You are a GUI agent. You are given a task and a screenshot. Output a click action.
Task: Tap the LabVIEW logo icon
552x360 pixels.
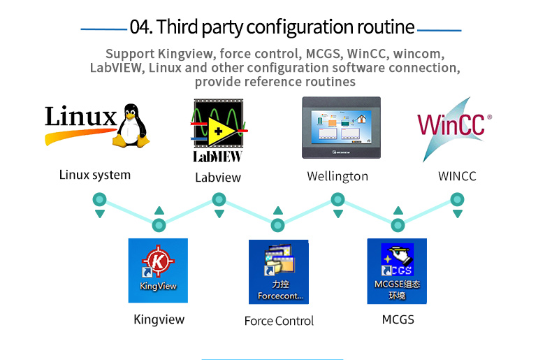click(x=219, y=130)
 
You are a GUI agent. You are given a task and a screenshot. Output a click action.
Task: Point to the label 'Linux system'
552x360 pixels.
click(x=95, y=175)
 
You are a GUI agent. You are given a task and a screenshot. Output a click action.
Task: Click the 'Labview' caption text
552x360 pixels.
click(x=218, y=178)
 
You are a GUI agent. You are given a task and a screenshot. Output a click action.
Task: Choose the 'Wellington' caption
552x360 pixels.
click(x=337, y=176)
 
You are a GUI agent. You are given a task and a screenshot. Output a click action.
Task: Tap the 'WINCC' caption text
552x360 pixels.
click(x=457, y=176)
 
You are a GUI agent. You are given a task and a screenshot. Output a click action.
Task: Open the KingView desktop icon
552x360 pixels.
click(x=158, y=270)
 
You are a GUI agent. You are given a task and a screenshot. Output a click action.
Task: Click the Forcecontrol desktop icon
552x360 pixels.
click(x=279, y=271)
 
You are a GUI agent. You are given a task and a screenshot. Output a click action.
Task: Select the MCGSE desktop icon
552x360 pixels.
click(x=397, y=271)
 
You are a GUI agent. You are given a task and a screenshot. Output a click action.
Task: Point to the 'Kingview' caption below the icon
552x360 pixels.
click(x=159, y=319)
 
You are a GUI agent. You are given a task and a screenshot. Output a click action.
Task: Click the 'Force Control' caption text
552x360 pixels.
click(x=279, y=321)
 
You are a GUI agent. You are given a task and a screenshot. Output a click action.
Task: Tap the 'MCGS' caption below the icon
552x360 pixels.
click(x=398, y=319)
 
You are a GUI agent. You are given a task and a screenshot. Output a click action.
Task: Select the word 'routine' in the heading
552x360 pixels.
click(x=386, y=28)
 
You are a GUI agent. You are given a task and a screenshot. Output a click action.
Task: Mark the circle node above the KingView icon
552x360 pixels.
click(x=159, y=225)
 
